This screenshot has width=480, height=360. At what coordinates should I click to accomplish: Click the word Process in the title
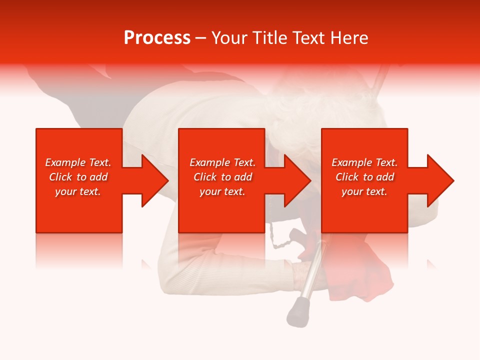click(x=157, y=38)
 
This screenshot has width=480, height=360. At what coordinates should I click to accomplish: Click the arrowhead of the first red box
click(x=154, y=180)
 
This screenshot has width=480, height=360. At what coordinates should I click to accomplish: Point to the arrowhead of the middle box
click(x=296, y=180)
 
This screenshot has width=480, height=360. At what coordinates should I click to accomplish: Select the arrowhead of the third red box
click(x=439, y=180)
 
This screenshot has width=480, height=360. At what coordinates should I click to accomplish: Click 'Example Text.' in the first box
click(x=78, y=162)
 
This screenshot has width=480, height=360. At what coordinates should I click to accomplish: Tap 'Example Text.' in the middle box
click(x=222, y=162)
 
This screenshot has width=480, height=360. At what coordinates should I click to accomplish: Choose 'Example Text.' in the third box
click(x=364, y=162)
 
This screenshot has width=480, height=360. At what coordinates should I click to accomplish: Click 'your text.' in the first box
click(x=78, y=191)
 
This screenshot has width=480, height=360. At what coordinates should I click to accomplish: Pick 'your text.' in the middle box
click(x=222, y=191)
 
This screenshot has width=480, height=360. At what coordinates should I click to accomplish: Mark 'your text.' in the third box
click(x=364, y=191)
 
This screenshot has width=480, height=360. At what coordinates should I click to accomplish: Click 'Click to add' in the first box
click(x=78, y=177)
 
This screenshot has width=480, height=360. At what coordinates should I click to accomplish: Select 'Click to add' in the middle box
click(x=222, y=177)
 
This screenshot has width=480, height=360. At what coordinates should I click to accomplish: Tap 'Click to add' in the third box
click(x=364, y=177)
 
